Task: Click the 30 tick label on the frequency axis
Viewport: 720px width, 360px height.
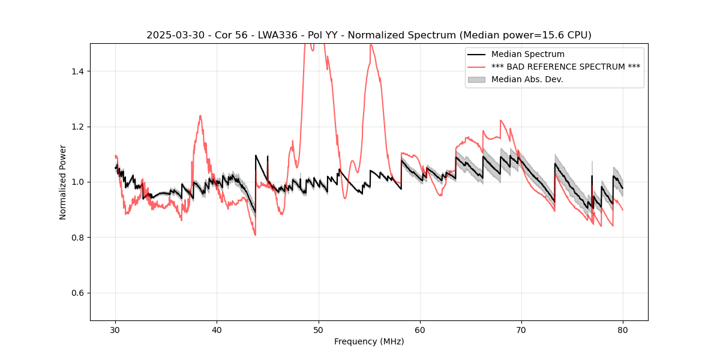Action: click(116, 330)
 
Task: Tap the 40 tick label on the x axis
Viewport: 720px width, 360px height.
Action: click(217, 330)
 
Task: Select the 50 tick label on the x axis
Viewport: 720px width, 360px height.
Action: click(319, 330)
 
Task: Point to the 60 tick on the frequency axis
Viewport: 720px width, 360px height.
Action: click(420, 330)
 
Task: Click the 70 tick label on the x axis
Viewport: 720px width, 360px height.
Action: click(521, 330)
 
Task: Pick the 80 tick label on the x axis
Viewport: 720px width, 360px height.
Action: click(623, 330)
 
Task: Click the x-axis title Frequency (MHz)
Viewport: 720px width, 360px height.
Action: click(369, 342)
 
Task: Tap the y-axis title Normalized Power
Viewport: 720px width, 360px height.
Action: click(63, 182)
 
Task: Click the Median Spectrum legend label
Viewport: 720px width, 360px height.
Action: click(527, 55)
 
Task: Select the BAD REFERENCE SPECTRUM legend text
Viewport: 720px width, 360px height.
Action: click(565, 67)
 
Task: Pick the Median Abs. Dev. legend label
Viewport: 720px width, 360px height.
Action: click(527, 79)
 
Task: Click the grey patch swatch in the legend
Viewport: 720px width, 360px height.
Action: click(476, 79)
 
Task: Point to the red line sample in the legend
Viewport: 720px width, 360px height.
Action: click(476, 67)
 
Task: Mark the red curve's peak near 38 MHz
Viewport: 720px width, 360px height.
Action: click(200, 116)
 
